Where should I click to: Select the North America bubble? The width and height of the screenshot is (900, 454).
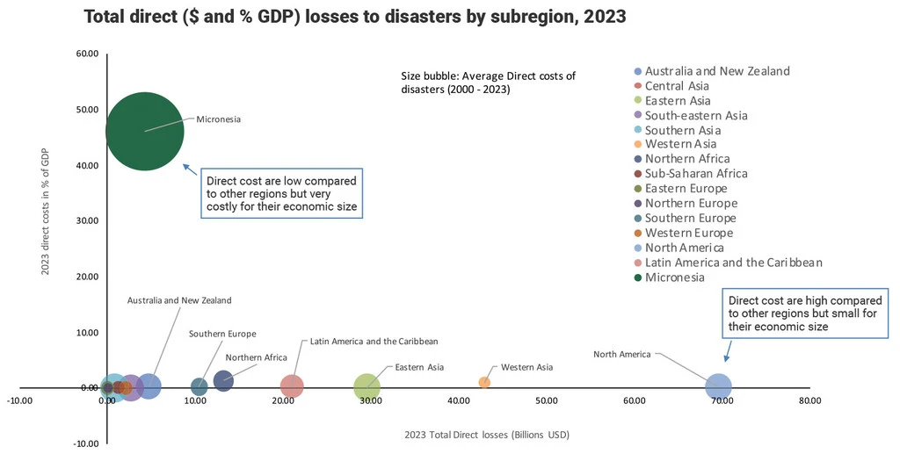point(718,386)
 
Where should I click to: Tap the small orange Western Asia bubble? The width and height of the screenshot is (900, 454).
point(484,382)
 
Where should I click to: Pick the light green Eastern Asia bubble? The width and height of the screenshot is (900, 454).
point(367,386)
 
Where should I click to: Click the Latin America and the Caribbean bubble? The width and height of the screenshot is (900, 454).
point(292,386)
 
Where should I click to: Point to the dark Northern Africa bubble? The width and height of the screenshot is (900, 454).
point(223,381)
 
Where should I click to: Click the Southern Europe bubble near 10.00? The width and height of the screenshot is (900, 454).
point(200,386)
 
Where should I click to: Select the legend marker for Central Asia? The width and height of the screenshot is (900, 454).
point(637,86)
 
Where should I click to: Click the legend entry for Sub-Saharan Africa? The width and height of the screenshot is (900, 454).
point(696,174)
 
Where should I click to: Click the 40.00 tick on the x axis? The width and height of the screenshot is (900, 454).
point(458,401)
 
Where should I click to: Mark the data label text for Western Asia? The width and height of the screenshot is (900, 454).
point(526,367)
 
